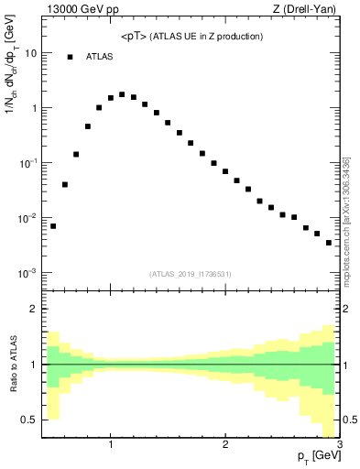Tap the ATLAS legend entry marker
[70, 57]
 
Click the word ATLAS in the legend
[99, 57]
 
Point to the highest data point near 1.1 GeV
[122, 94]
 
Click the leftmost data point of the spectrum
[53, 225]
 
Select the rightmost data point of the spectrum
[329, 243]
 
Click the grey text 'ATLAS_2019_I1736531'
[191, 273]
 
